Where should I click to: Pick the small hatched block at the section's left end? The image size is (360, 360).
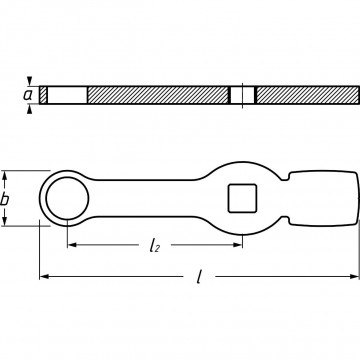coord(43,95)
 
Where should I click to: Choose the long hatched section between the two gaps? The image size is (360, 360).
coord(158,95)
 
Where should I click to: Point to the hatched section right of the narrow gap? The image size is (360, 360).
coord(304,95)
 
